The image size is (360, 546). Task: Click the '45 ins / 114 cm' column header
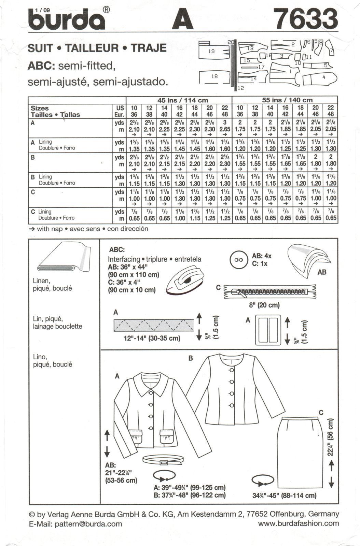[182, 100]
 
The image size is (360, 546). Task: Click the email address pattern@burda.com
[86, 524]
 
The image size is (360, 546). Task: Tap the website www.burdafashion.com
[299, 523]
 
